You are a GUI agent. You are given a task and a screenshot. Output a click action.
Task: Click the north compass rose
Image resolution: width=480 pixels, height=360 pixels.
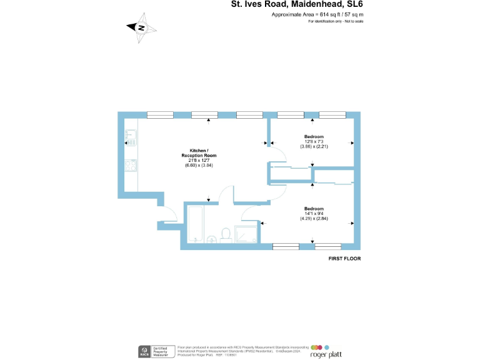[141, 27]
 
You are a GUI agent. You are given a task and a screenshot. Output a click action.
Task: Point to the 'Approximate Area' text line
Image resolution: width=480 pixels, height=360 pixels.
[317, 14]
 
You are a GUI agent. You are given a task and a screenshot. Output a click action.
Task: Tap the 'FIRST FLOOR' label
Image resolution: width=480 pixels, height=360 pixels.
[344, 258]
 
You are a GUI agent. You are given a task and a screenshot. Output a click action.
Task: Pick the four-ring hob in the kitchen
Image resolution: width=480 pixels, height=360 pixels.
[131, 166]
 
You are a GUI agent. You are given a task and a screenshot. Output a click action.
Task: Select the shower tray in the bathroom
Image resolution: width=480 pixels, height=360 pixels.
[245, 234]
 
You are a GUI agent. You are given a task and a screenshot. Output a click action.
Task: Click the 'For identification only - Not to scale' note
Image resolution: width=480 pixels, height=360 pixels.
[336, 21]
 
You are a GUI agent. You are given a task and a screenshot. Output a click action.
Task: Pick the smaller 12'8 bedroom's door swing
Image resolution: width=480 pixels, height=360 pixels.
[274, 144]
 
